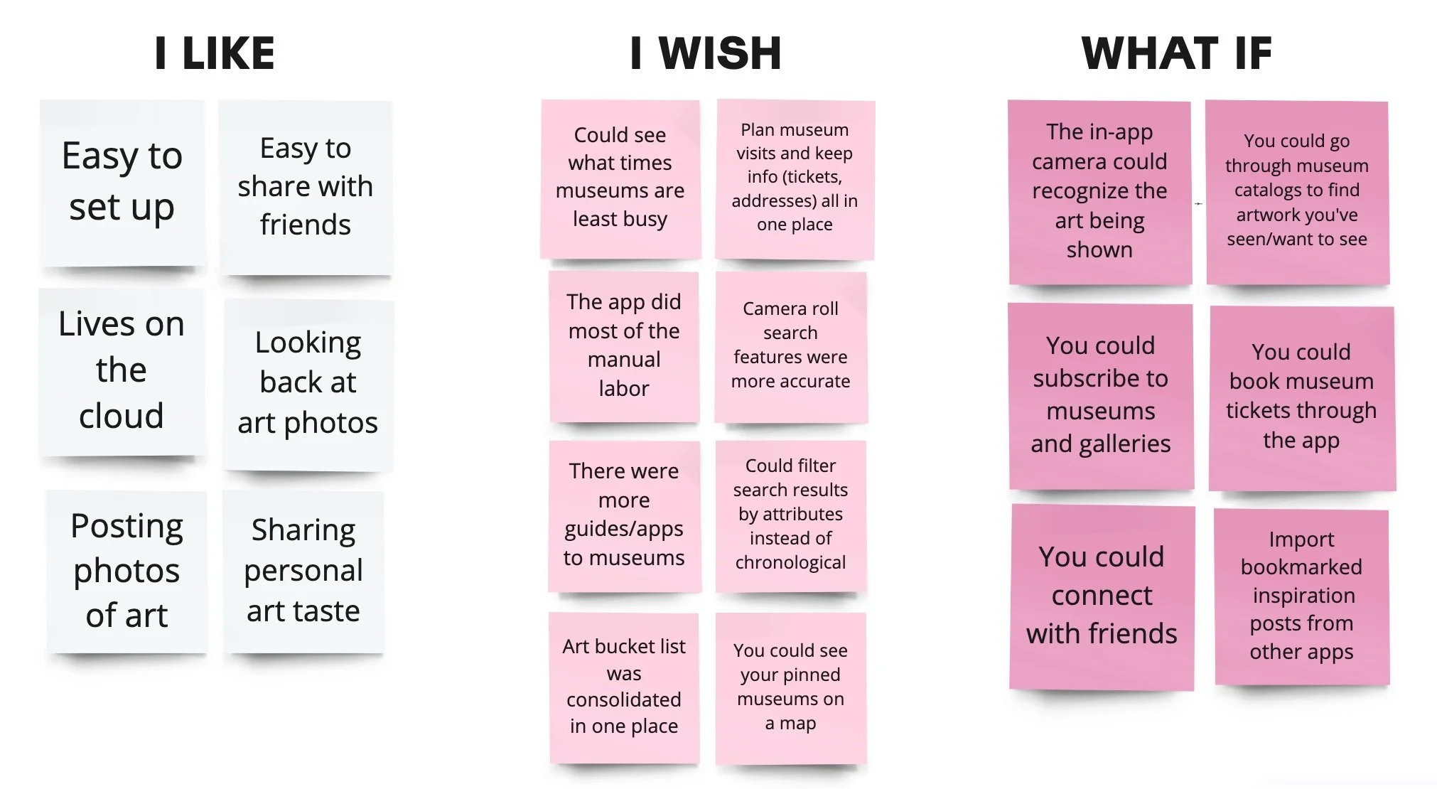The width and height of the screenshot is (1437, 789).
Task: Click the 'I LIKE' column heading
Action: (x=215, y=53)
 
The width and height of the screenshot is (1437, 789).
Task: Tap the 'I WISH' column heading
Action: (x=706, y=53)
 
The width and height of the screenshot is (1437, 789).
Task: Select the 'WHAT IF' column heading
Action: (x=1176, y=53)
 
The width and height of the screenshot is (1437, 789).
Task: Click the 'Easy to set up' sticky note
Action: (x=122, y=183)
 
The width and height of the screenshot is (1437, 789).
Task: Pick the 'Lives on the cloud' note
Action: (x=122, y=371)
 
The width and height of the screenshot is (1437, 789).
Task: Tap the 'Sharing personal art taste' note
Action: (x=303, y=571)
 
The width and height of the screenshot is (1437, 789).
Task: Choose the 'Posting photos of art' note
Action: (x=127, y=571)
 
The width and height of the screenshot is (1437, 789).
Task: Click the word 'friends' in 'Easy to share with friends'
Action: (x=305, y=225)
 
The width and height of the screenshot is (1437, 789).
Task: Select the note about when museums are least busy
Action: (x=620, y=178)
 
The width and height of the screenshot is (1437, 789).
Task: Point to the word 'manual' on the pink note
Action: (x=624, y=360)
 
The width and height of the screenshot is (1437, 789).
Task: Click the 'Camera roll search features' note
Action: (x=790, y=346)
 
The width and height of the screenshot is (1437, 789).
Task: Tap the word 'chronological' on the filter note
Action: (x=790, y=562)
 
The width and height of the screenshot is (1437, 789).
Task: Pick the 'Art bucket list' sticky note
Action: (x=624, y=687)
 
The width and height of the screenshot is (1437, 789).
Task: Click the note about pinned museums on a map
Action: (x=790, y=687)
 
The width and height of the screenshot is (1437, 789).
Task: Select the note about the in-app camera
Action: (x=1099, y=192)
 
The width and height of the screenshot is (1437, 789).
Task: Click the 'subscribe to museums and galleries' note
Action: (x=1100, y=395)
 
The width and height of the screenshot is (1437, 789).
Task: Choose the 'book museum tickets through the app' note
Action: (x=1301, y=397)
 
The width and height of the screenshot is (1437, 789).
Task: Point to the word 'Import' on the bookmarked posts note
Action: (x=1301, y=540)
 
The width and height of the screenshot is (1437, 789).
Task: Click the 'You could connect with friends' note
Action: (x=1102, y=596)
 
